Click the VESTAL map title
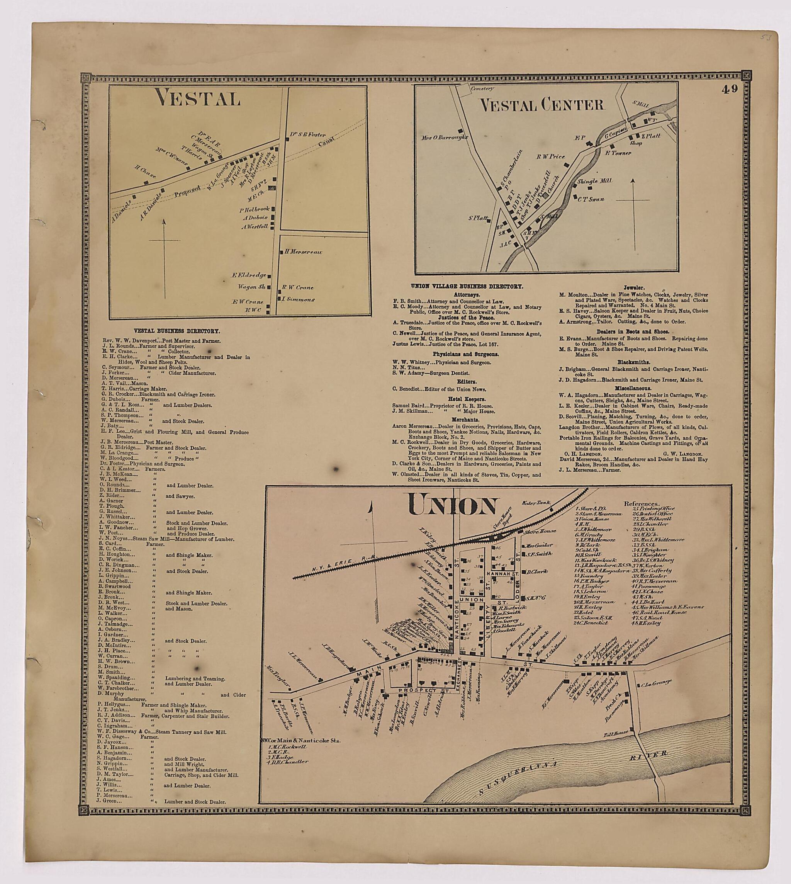(199, 98)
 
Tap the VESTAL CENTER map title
(541, 104)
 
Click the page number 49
(730, 89)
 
